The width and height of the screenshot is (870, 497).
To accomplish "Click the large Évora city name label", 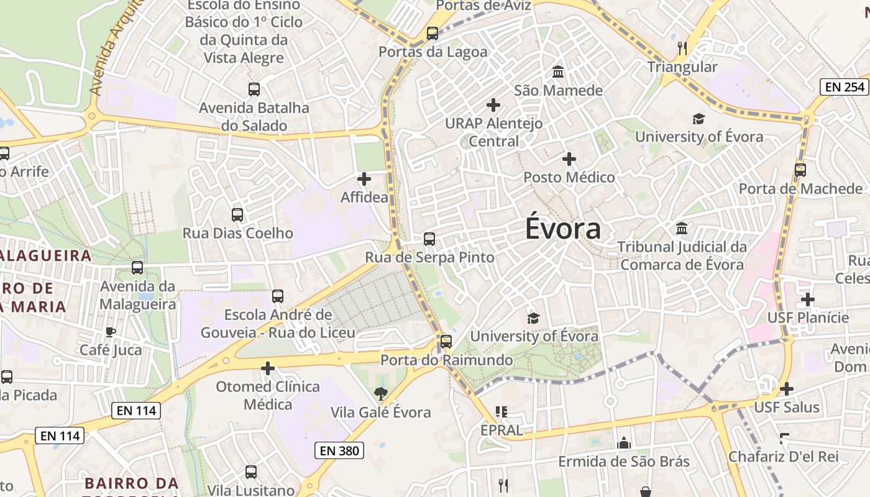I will pos(563,228).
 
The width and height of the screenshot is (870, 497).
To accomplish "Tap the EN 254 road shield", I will pos(845,87).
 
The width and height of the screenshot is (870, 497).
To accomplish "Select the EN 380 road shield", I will pos(339,450).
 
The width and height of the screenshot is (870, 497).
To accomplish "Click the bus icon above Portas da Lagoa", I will pos(433,34).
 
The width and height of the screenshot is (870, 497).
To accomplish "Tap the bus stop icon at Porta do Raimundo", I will pos(446,341).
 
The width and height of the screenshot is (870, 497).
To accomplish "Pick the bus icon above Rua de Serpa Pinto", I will pos(429,239).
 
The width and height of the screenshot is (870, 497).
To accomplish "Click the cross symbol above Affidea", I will pos(364,180).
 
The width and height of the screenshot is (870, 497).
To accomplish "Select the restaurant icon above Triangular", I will pos(682,48).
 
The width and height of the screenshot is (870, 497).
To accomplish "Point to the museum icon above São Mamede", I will pos(558,72).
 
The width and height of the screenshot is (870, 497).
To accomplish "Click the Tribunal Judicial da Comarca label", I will pos(682,256).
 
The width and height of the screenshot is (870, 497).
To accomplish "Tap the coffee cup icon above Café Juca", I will pos(111,332).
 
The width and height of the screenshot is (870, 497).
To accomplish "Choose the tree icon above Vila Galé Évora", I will pos(380,393).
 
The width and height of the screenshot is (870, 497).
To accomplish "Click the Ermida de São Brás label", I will pos(623,462).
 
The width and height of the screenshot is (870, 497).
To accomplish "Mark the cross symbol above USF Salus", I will pos(786,389).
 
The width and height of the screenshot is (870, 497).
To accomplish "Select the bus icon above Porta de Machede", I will pos(800,170).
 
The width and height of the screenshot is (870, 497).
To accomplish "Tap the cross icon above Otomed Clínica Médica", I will pos(268,368).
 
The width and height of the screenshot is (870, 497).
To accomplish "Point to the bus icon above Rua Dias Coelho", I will pos(237,215).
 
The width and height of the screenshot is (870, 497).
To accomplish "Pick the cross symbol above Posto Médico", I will pos(569,159).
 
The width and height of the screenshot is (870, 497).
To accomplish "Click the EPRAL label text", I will pos(501,430).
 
